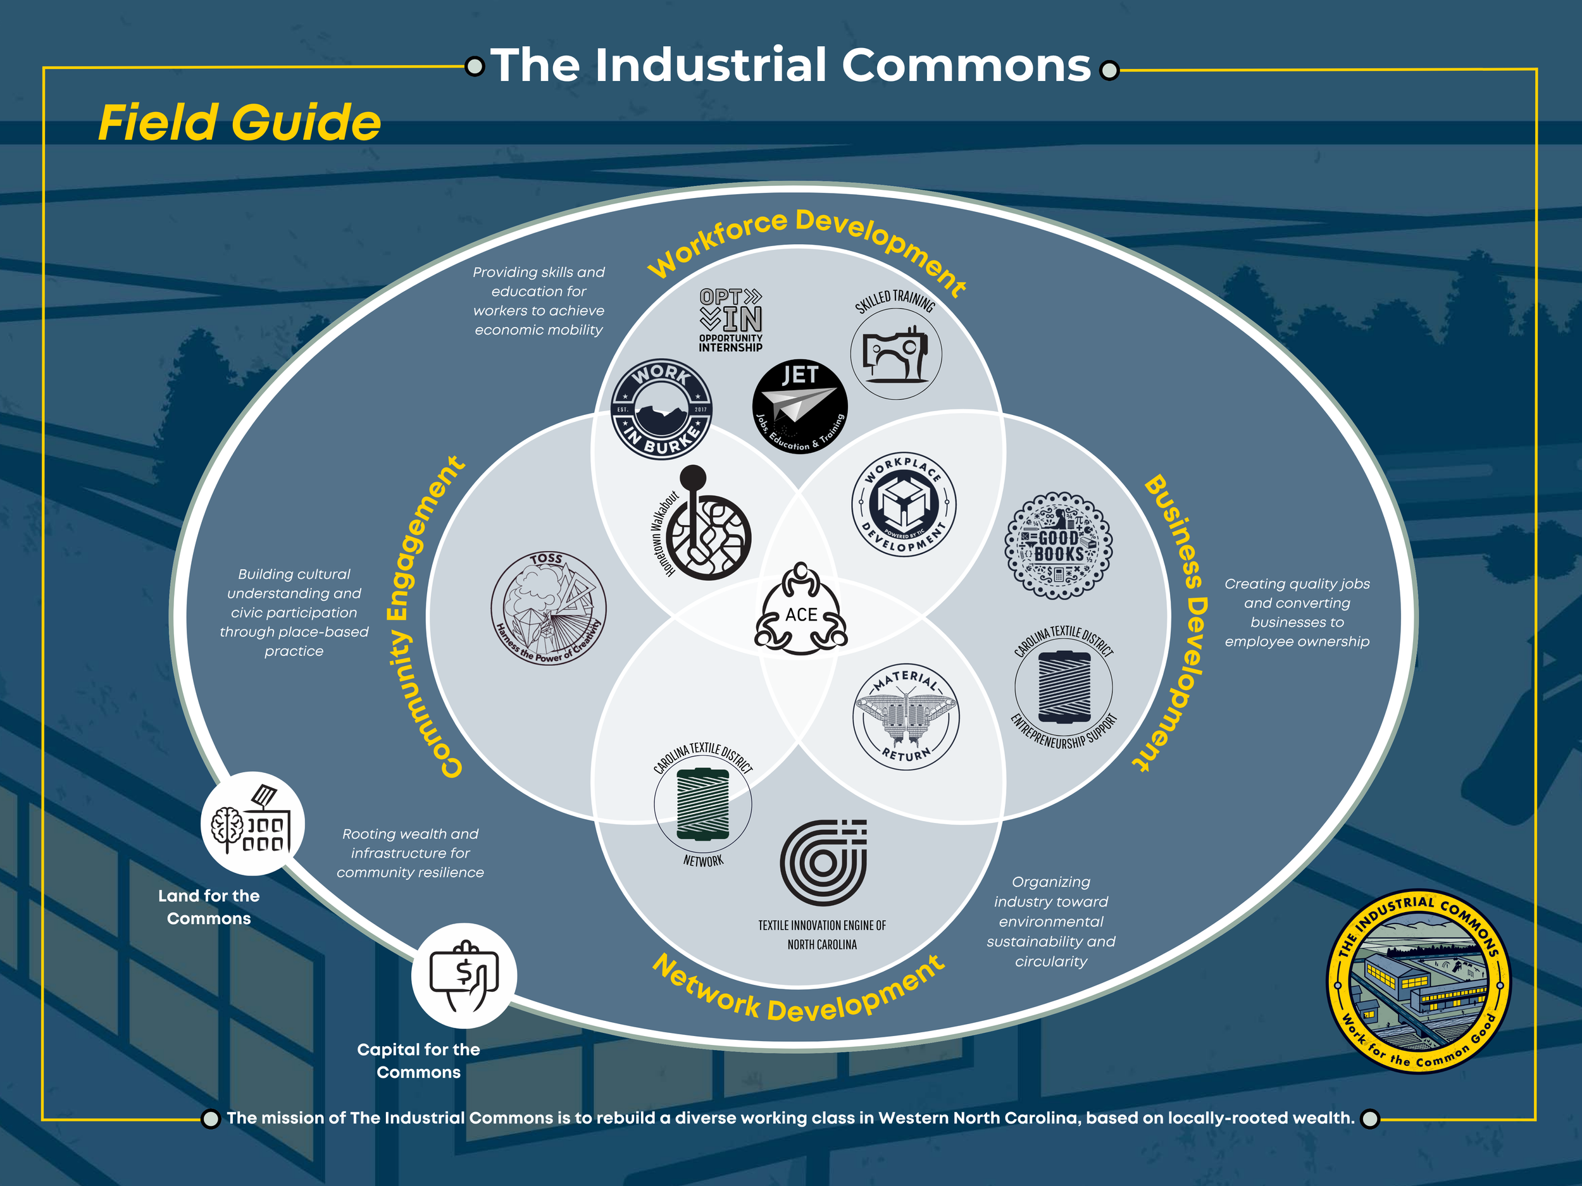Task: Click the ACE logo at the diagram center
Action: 801,609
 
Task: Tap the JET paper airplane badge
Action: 800,407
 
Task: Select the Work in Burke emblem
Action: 661,409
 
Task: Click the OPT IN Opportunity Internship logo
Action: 731,319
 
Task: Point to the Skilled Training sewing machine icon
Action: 895,353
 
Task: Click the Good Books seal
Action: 1059,545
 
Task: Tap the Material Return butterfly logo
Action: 906,715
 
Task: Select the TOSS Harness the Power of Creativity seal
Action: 549,608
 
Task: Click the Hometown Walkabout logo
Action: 704,527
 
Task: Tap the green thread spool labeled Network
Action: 703,803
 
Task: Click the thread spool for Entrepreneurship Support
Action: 1064,687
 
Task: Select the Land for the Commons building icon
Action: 252,824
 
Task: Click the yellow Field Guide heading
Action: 240,122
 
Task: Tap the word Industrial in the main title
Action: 712,66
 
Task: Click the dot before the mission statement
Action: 210,1119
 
